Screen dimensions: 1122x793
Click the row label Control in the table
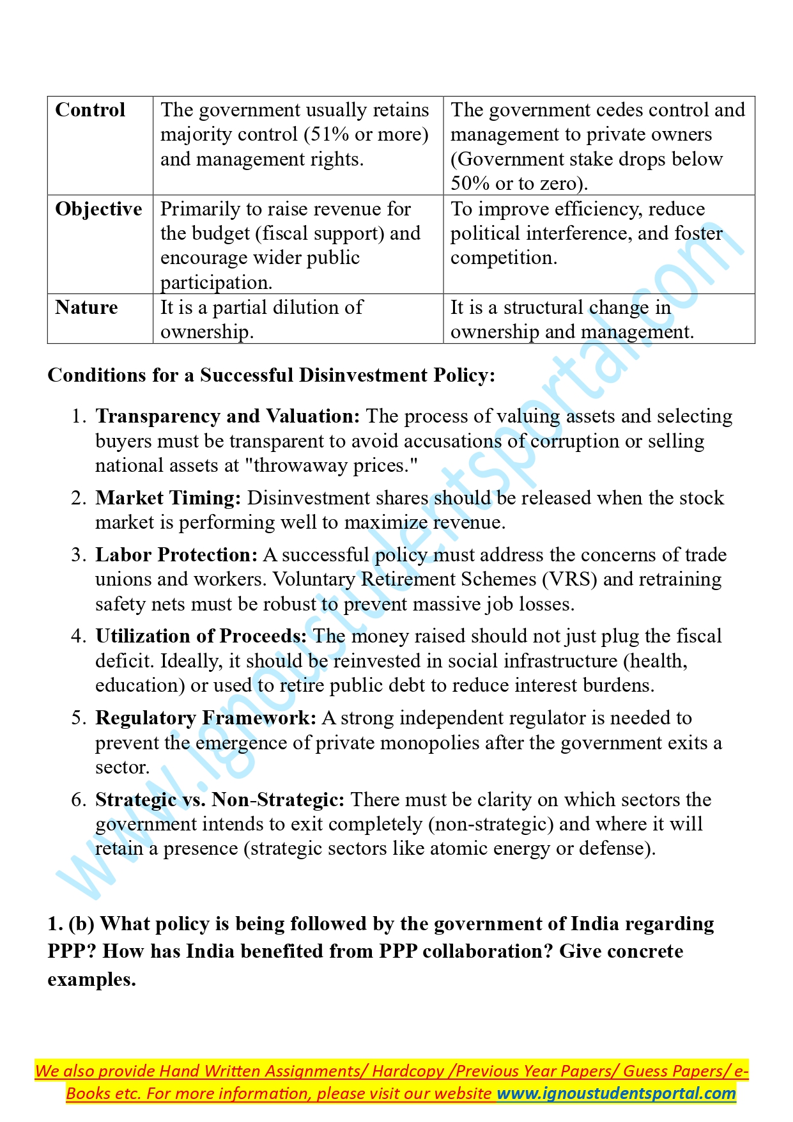click(90, 110)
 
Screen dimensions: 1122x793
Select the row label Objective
click(98, 209)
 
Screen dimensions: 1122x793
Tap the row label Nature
click(86, 308)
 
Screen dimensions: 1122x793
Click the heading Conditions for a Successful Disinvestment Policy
click(271, 375)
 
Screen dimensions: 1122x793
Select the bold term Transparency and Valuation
click(227, 416)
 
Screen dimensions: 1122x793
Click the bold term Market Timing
click(168, 498)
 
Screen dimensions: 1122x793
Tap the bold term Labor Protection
click(176, 555)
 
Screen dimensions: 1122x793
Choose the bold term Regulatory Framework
click(206, 718)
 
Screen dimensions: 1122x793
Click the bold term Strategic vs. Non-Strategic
click(220, 800)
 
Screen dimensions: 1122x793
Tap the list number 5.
click(78, 718)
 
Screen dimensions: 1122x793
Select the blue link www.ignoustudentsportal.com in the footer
click(616, 1093)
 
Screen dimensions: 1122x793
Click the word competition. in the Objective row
click(504, 258)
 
